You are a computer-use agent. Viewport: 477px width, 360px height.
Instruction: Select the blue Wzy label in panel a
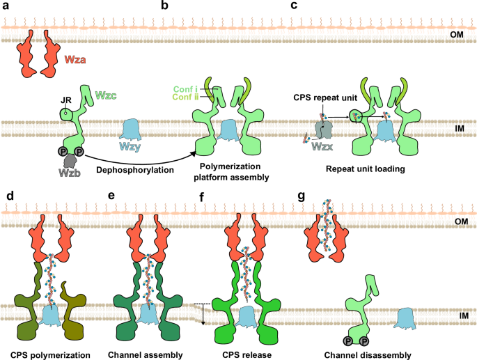134,148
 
